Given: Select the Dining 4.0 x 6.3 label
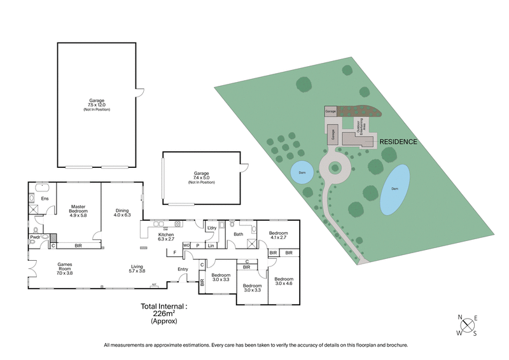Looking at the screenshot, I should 122,212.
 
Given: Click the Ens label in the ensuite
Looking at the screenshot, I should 45,198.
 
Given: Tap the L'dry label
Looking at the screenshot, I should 211,228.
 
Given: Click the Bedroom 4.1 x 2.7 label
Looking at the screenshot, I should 278,235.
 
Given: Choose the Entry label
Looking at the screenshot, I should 183,269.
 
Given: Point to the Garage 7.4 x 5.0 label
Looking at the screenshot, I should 201,177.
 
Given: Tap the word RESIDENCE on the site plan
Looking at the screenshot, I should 398,141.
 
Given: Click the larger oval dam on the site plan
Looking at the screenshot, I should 395,190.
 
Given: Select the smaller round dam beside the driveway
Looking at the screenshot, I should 302,171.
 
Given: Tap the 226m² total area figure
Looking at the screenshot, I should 164,314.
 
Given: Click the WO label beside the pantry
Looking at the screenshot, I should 186,245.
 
